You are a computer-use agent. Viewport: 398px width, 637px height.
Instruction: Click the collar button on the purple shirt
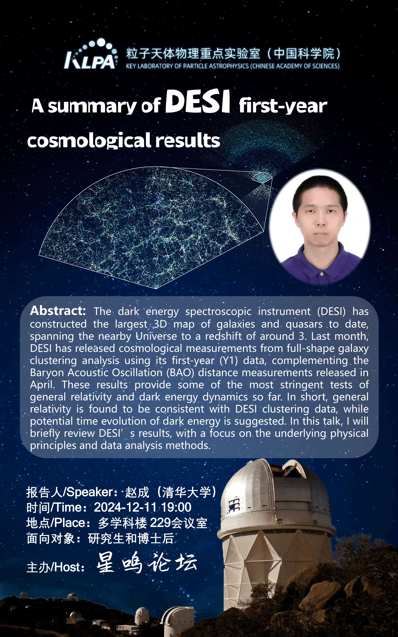click(x=322, y=274)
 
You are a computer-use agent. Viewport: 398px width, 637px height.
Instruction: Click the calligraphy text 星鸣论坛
click(x=147, y=564)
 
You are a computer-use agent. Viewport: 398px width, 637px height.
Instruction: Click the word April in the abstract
click(x=42, y=385)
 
